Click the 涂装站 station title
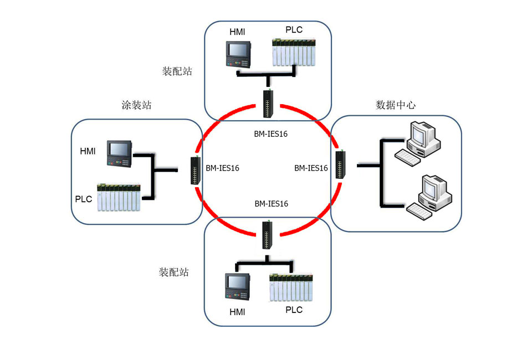coord(136,105)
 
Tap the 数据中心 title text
coord(395,105)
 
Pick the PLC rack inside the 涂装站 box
coord(119,198)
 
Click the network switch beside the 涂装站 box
coord(195,170)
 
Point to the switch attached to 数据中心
coord(340,163)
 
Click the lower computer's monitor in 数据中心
coord(432,191)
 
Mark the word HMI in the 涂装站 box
coord(88,151)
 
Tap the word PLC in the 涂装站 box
coord(84,198)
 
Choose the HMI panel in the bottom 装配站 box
coord(239,287)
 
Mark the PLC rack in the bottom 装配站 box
coord(291,287)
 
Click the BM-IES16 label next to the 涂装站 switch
coord(222,168)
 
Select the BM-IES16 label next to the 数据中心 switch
coord(311,168)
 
